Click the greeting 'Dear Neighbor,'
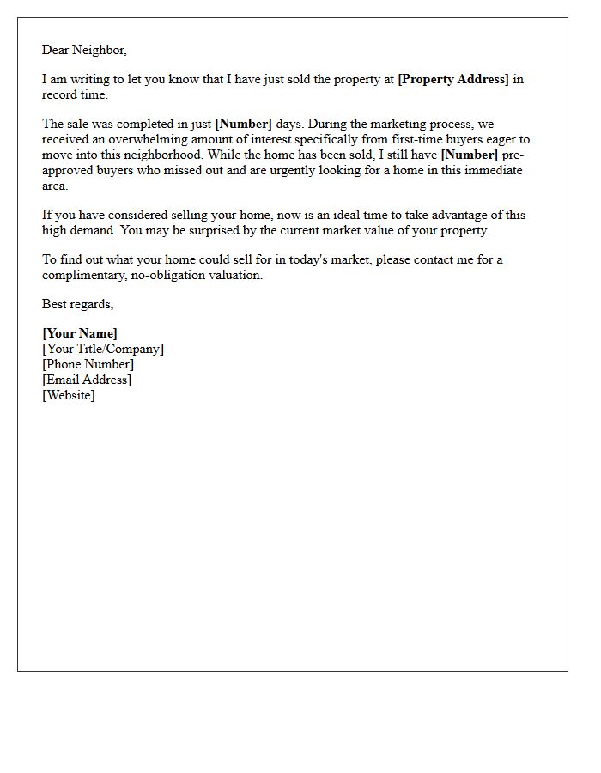pyautogui.click(x=84, y=50)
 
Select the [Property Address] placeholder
pyautogui.click(x=453, y=80)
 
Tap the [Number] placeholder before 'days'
pyautogui.click(x=243, y=125)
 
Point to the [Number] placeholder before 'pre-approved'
pyautogui.click(x=469, y=155)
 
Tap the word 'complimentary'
pyautogui.click(x=83, y=276)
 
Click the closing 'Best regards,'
pyautogui.click(x=78, y=304)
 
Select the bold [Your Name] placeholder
pyautogui.click(x=80, y=333)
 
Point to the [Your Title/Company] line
pyautogui.click(x=103, y=349)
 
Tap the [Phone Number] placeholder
pyautogui.click(x=88, y=364)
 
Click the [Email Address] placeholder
pyautogui.click(x=87, y=380)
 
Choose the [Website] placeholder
pyautogui.click(x=69, y=395)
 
